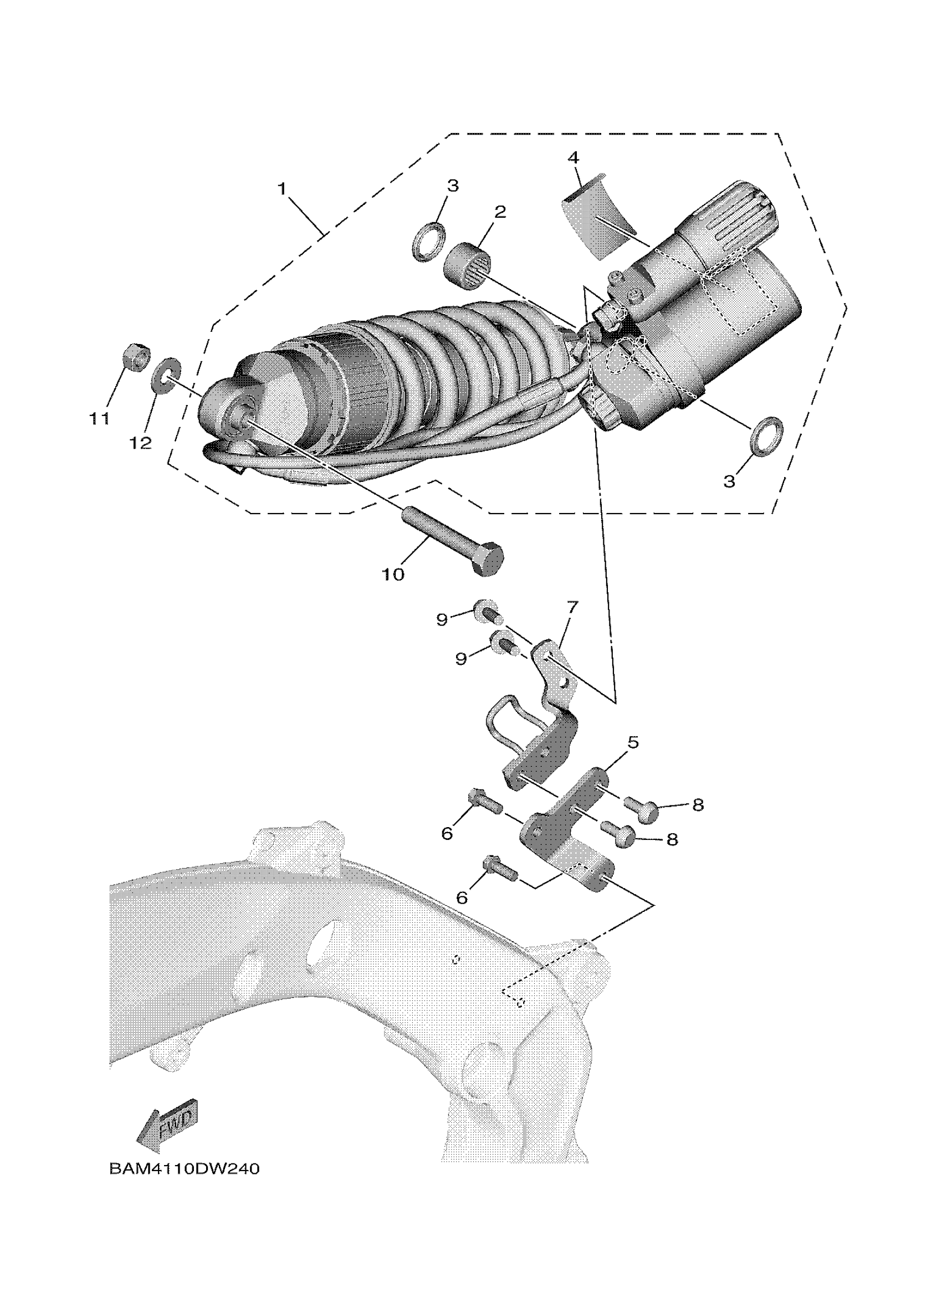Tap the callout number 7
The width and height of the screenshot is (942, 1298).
(x=572, y=606)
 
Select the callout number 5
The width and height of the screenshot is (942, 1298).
(x=632, y=743)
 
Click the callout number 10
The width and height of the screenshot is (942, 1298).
(x=393, y=574)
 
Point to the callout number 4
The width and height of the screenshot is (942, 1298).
(x=574, y=157)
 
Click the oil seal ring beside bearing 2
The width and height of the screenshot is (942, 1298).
(x=429, y=243)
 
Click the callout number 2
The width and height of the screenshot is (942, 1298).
(x=500, y=212)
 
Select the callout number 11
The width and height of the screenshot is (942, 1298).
(x=99, y=419)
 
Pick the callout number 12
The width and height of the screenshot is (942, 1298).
(x=140, y=442)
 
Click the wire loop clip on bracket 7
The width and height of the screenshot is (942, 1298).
(x=506, y=724)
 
